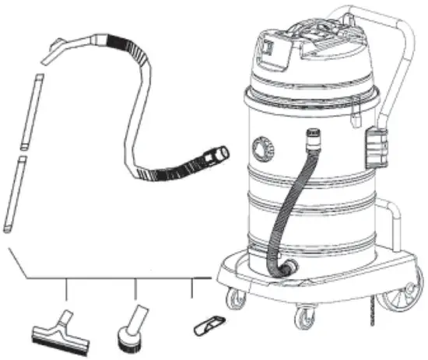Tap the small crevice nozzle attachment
(209, 322)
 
